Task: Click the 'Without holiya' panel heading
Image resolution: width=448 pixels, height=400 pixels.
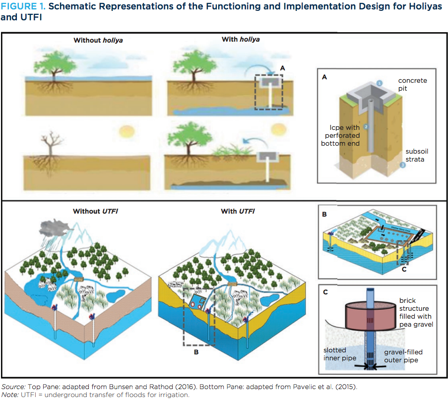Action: pyautogui.click(x=98, y=41)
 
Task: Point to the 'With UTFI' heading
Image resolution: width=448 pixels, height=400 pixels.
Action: pyautogui.click(x=238, y=211)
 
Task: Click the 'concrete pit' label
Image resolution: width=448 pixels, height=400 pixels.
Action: pyautogui.click(x=412, y=84)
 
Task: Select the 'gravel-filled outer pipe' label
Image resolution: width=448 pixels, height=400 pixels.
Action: pyautogui.click(x=403, y=355)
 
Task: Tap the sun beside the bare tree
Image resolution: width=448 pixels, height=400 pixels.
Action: pyautogui.click(x=127, y=131)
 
